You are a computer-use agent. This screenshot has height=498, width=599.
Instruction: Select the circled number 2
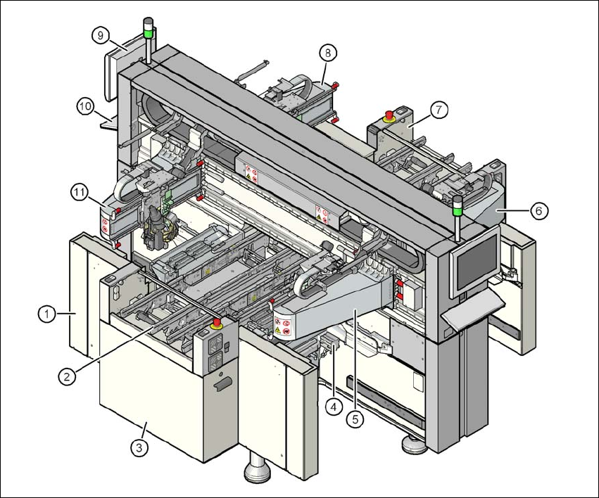pos(67,376)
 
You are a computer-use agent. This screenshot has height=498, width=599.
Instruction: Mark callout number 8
pos(327,52)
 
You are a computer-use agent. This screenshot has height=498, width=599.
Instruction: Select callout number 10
pos(85,106)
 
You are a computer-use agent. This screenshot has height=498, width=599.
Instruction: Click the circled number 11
pos(79,190)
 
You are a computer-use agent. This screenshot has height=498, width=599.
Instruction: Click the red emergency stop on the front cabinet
pos(215,324)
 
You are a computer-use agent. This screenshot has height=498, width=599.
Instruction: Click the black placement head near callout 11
pos(156,229)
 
